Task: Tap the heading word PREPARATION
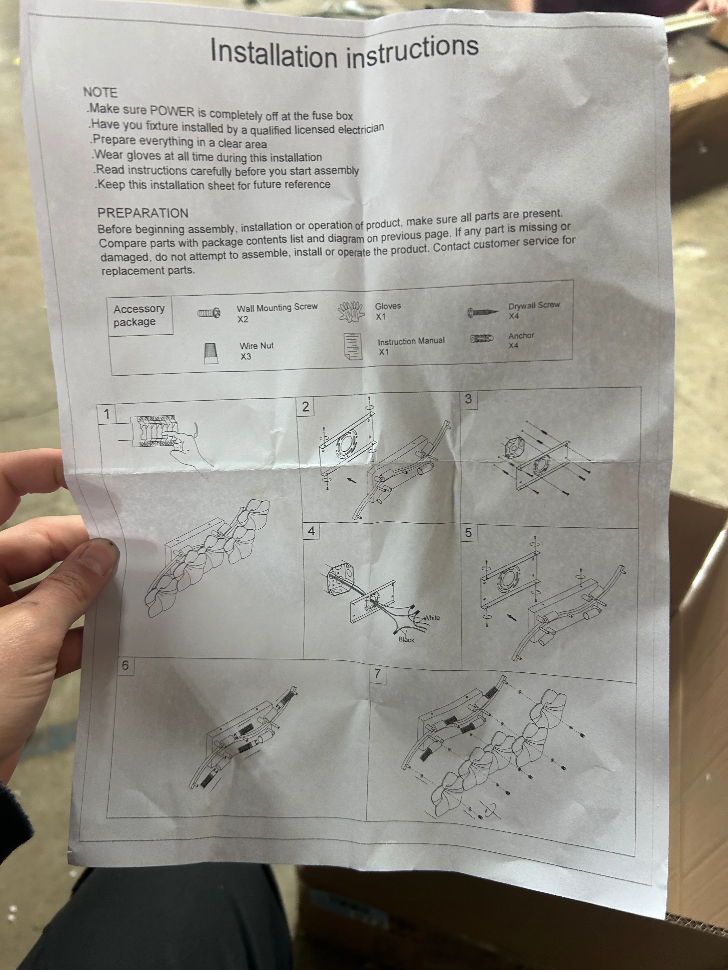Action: pos(143,213)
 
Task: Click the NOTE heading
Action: pos(100,93)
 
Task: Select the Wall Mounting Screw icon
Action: pos(208,313)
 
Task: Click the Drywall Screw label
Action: pos(534,305)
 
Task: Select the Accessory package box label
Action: pos(139,315)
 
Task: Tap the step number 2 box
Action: pos(306,407)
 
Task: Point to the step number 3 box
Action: pos(468,399)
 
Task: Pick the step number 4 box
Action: pos(311,531)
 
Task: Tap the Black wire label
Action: pos(406,640)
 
